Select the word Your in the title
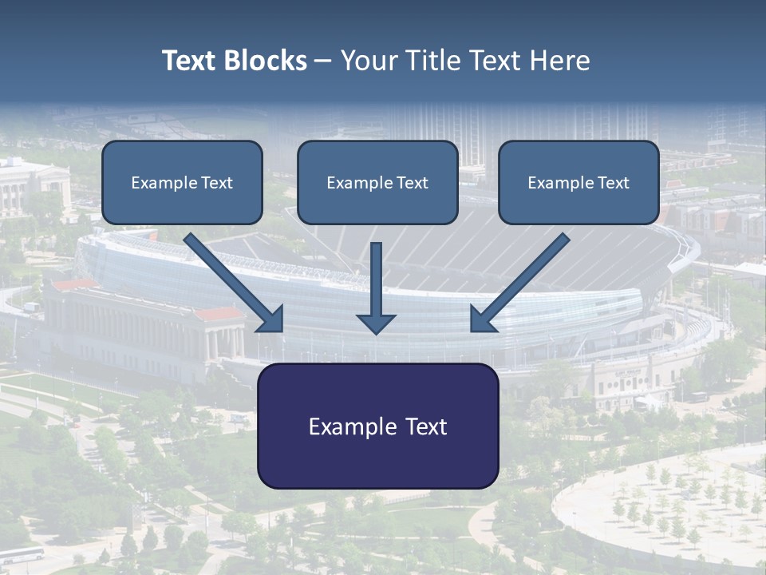(366, 61)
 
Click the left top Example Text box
(182, 183)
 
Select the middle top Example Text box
(377, 183)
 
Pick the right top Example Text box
(578, 183)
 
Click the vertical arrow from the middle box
(376, 280)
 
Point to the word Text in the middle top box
(412, 183)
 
